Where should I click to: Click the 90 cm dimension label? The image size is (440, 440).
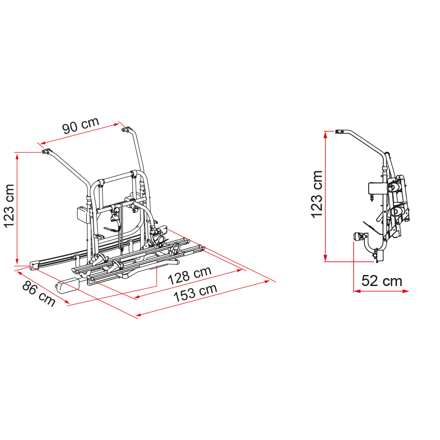coord(81,125)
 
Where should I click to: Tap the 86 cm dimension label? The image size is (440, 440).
coord(39,293)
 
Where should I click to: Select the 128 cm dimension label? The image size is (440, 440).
coord(189,275)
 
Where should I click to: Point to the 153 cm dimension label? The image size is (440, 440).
coord(195,293)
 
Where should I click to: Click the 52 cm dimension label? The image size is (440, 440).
coord(381,281)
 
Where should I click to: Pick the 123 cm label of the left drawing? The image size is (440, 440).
coord(9,206)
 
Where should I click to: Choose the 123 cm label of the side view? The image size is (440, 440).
coord(317,194)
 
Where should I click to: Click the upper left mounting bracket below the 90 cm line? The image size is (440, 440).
coord(46,151)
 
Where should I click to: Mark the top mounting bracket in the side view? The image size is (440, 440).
coord(340,131)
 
